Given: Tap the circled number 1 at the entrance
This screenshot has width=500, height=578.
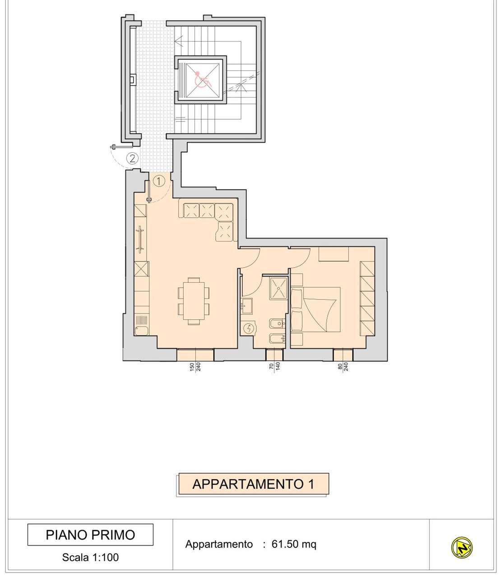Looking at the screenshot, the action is pos(159,181).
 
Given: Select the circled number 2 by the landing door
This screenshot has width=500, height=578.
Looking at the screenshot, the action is pos(132,158).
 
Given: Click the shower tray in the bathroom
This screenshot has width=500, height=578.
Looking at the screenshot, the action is pos(278,288).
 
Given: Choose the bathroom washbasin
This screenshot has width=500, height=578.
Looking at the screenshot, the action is pos(247,306).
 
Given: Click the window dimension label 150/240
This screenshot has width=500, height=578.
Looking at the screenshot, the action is pos(195,367).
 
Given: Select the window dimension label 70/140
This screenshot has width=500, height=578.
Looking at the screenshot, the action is pos(275,366).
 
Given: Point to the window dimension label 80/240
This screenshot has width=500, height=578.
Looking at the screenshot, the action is pos(343,366).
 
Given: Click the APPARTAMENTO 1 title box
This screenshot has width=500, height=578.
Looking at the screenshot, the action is pos(254,484).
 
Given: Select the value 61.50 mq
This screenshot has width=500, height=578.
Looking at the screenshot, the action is pos(294,544).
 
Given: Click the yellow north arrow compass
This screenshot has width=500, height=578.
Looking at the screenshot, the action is pos(462,547).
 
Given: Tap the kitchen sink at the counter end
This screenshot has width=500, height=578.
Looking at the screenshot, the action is pos(141,331).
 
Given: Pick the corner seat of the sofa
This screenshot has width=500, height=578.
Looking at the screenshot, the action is pos(224,212).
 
